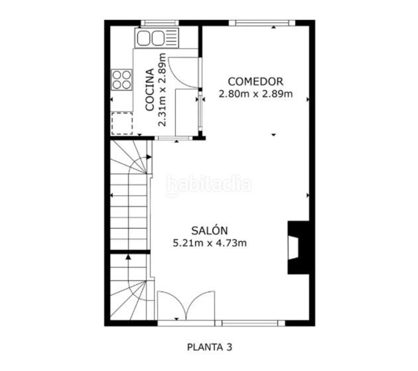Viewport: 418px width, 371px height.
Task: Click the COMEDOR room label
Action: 255,81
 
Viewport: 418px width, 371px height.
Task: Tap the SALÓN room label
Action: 210,231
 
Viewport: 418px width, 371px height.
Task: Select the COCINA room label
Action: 150,89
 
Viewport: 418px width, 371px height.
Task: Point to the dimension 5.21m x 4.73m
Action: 210,243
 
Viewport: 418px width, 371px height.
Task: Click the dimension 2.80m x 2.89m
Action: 255,93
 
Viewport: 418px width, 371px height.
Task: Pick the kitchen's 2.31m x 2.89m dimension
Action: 163,89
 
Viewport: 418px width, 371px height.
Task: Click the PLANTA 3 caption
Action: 209,346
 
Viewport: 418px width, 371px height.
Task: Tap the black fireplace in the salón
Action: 297,247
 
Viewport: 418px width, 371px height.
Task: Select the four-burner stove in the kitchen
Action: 121,79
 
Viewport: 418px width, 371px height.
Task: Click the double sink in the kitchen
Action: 157,38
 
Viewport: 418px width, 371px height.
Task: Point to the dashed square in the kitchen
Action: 121,123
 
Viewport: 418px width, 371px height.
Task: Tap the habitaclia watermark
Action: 208,185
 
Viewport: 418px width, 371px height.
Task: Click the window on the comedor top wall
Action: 261,23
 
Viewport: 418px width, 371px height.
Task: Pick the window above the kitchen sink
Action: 158,23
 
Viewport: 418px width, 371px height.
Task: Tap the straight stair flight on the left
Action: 129,212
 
